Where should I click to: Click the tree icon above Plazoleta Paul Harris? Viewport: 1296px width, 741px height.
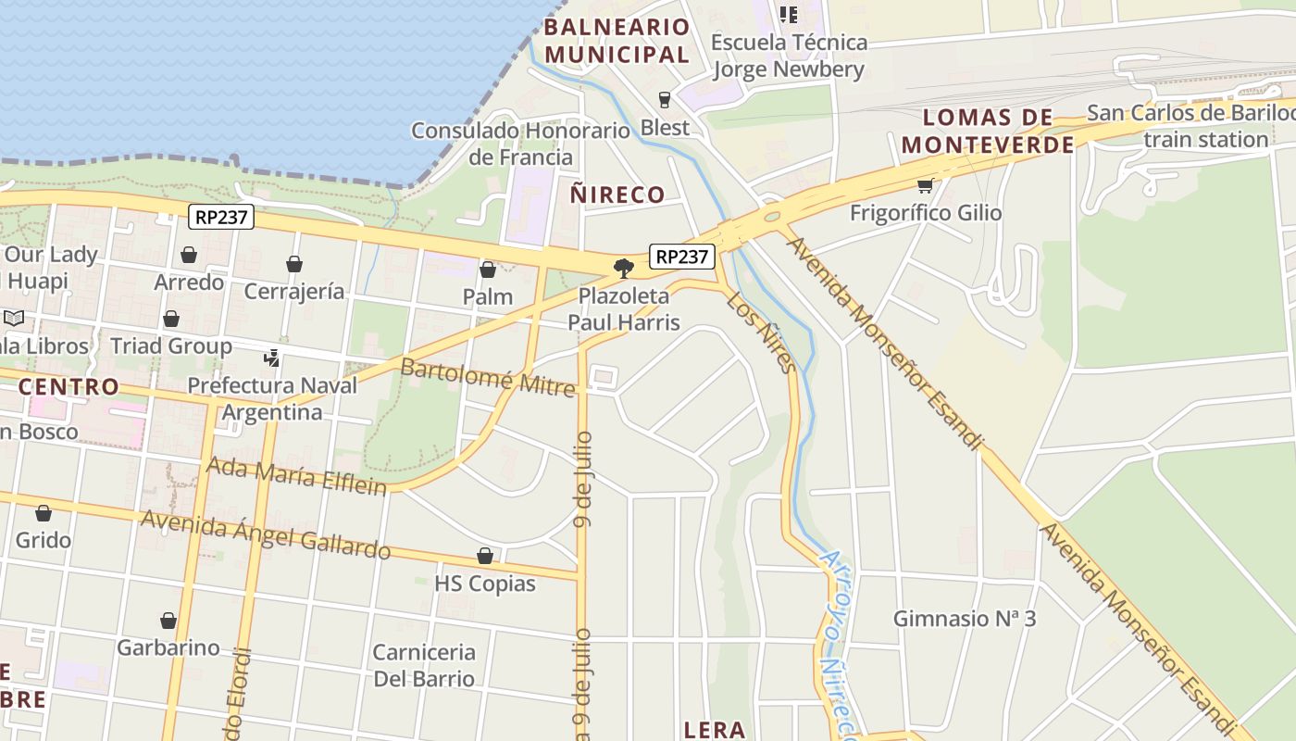(624, 269)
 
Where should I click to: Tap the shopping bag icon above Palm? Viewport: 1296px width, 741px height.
(488, 270)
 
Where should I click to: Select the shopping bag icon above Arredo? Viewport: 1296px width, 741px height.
(189, 255)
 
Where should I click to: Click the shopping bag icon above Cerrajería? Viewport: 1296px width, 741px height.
(294, 265)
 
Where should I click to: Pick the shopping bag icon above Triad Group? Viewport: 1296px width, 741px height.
(171, 320)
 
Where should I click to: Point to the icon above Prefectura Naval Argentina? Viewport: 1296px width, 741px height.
(272, 358)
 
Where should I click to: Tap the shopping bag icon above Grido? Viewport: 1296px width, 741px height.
(44, 513)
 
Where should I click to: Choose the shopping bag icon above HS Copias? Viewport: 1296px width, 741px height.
(485, 556)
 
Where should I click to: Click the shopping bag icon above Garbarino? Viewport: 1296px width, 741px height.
(168, 620)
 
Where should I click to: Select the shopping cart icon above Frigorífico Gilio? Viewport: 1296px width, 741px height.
(925, 185)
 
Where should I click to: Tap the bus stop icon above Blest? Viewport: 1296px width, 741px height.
(665, 100)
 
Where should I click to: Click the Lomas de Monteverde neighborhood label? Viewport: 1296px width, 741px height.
(988, 131)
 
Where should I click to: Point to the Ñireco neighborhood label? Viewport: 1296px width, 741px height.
(617, 195)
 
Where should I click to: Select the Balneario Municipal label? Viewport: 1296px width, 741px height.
(617, 41)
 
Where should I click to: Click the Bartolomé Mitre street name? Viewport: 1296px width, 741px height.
(488, 377)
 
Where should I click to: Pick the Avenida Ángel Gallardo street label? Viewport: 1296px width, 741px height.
(266, 534)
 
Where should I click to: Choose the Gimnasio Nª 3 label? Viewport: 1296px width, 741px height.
(964, 619)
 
